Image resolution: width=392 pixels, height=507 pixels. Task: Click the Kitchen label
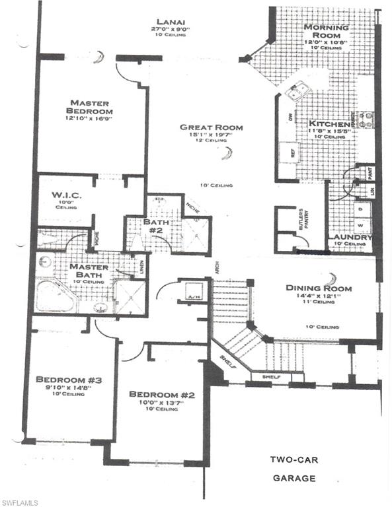tap(329, 124)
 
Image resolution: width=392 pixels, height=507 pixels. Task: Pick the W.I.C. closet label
tap(65, 195)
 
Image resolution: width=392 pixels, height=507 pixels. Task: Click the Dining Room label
tap(319, 288)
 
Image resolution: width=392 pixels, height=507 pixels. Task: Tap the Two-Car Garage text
tap(293, 469)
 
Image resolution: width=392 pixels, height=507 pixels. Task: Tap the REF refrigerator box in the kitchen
tap(290, 152)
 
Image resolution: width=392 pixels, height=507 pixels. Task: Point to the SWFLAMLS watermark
tap(29, 502)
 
